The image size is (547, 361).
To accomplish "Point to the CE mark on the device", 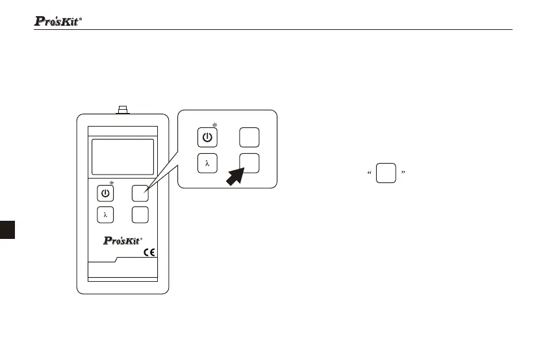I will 149,253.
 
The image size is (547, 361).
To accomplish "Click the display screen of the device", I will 123,156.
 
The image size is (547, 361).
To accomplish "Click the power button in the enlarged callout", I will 207,138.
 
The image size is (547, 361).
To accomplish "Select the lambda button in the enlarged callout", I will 207,164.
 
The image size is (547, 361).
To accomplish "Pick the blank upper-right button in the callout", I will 249,138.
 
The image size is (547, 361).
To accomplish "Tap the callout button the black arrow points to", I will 249,164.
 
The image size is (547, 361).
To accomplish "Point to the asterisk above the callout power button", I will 214,124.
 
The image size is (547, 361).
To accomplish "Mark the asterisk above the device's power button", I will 112,183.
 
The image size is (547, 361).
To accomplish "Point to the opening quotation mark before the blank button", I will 369,173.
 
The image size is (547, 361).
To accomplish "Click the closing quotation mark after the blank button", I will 403,173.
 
